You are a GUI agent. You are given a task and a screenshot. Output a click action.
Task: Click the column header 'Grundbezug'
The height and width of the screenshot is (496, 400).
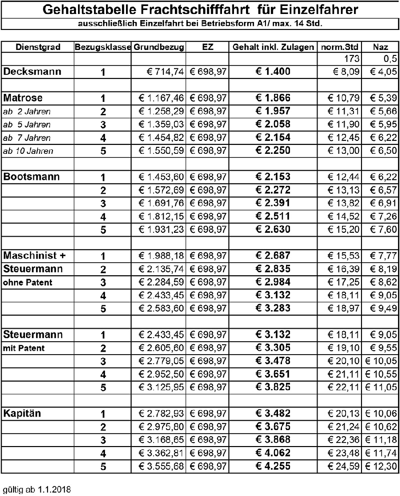pyautogui.click(x=159, y=47)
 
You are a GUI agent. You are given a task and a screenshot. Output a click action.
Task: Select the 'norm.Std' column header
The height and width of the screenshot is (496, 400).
pyautogui.click(x=340, y=47)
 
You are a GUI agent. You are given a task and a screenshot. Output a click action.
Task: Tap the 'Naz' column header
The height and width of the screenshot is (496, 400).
pyautogui.click(x=381, y=47)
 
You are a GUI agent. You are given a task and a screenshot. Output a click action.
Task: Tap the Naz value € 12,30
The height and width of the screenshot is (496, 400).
pyautogui.click(x=381, y=466)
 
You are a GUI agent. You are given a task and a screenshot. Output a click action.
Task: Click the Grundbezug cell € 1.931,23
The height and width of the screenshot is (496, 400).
pyautogui.click(x=160, y=229)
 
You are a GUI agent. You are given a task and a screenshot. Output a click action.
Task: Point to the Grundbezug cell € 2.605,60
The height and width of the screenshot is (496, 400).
pyautogui.click(x=160, y=348)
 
